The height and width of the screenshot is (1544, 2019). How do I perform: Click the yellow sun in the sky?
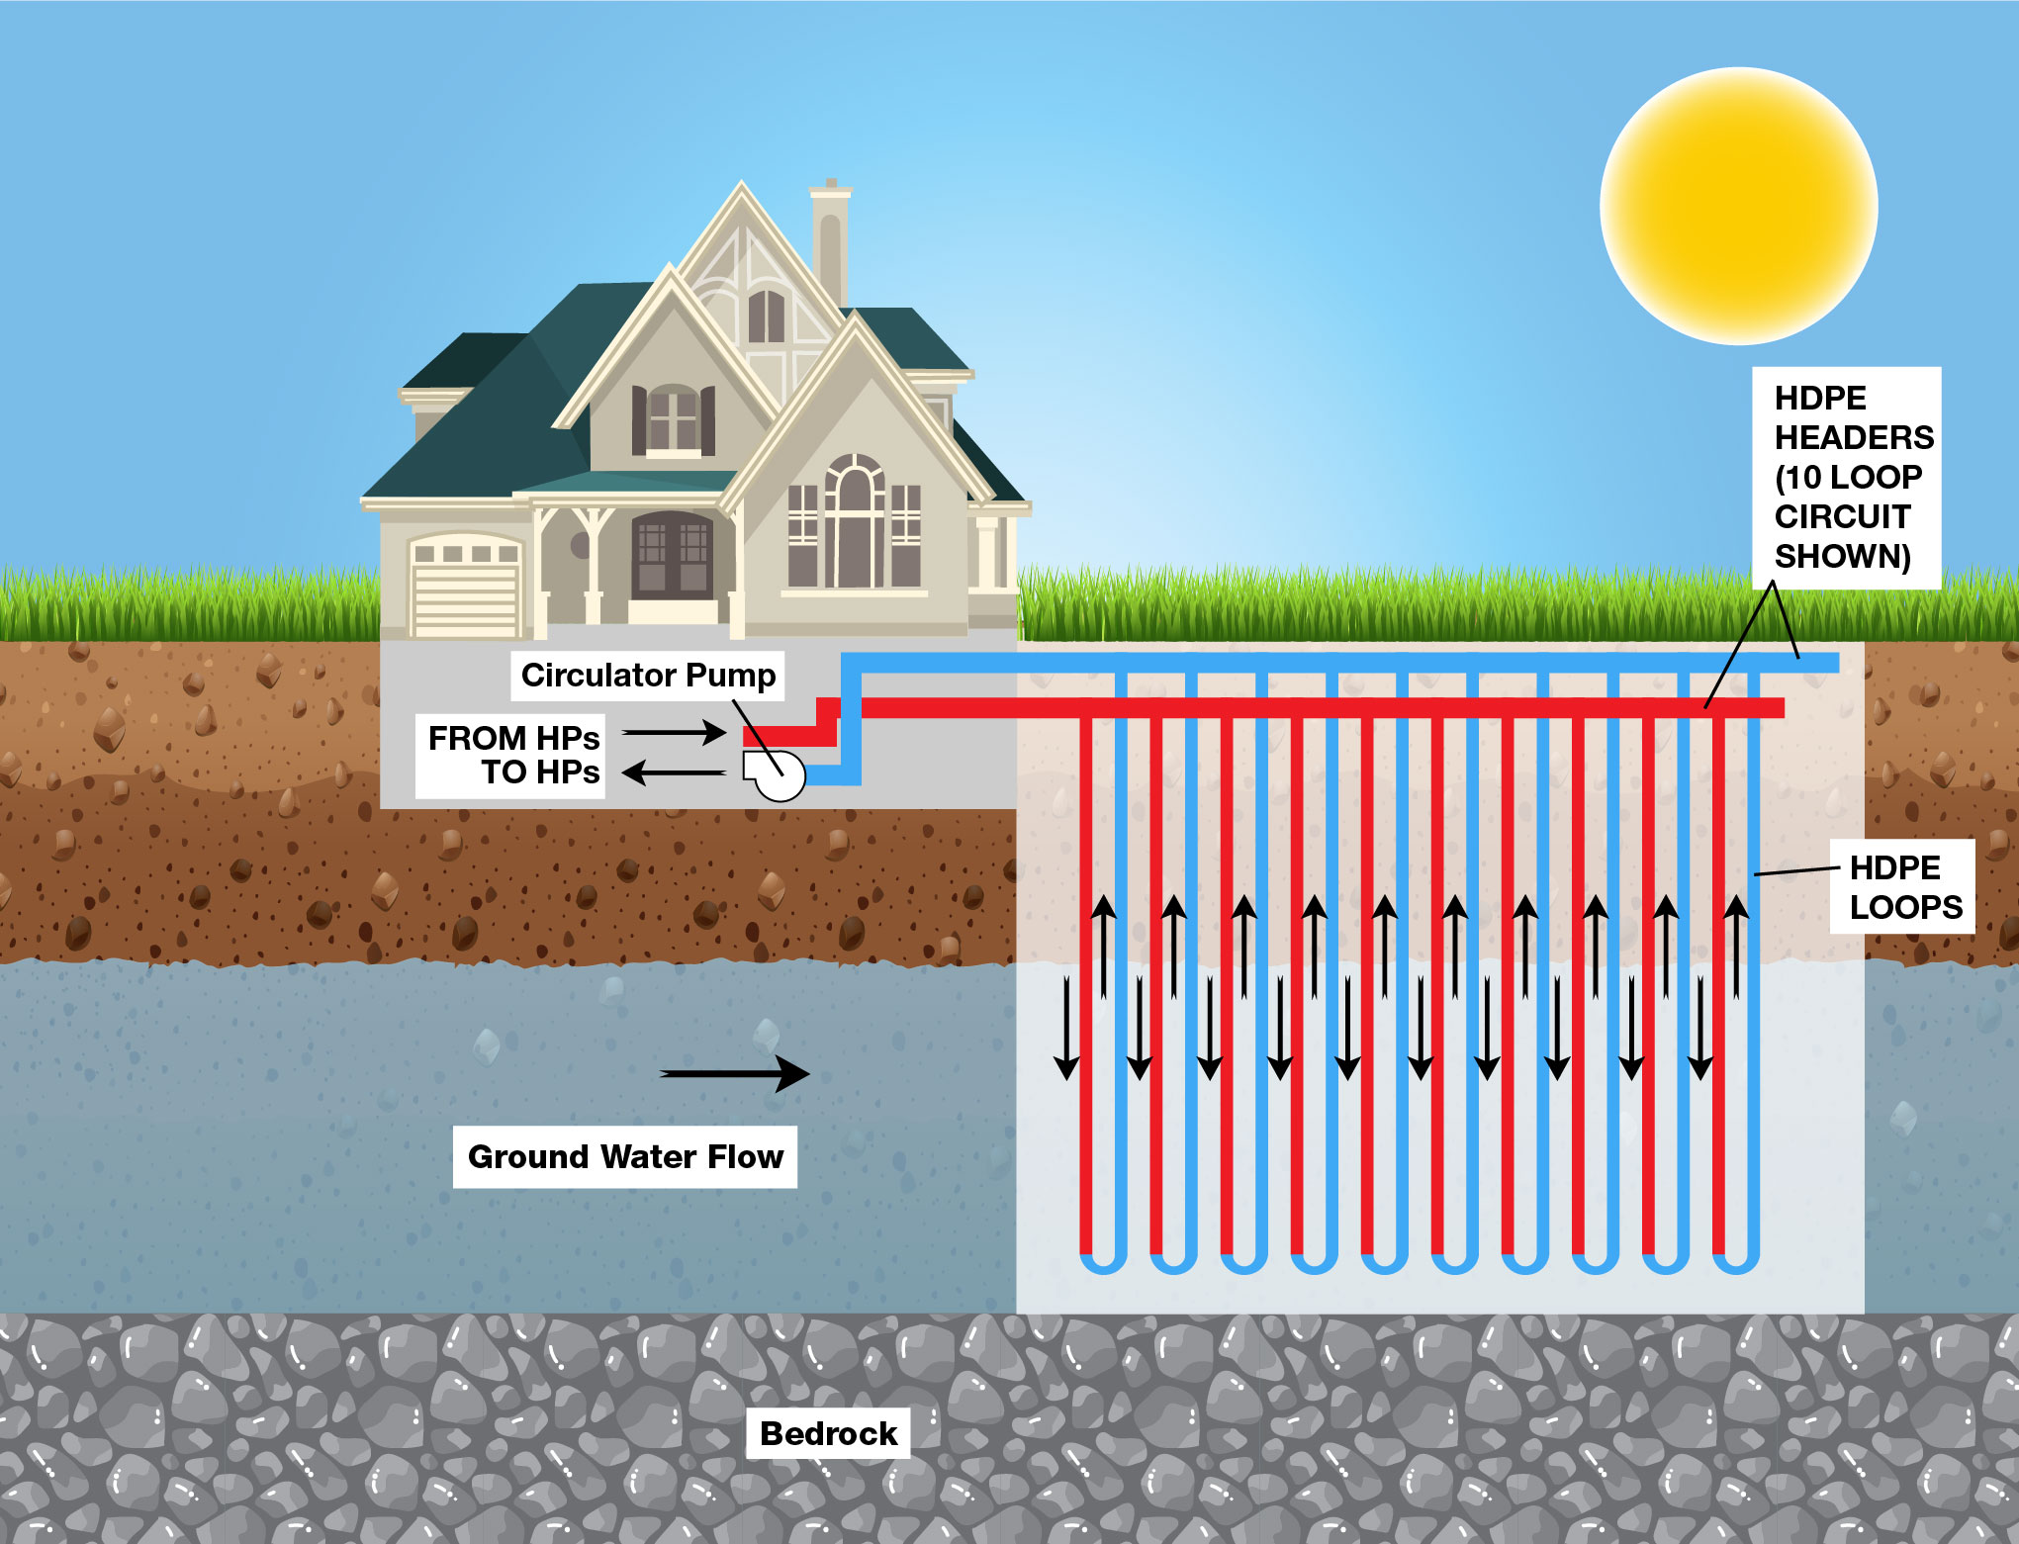1738,206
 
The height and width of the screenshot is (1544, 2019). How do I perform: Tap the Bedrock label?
828,1433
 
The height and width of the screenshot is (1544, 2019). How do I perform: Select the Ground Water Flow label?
625,1156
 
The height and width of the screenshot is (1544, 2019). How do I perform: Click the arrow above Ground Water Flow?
735,1073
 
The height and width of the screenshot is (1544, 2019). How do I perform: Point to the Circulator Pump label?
648,676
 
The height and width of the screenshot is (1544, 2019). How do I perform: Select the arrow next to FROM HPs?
674,733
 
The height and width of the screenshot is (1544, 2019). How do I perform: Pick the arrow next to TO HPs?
674,772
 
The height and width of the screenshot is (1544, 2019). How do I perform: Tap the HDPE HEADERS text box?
1846,477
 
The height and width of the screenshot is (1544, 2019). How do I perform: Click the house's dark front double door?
672,557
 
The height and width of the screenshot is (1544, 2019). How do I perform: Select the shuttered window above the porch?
674,420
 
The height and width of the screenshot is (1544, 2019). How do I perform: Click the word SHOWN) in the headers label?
1842,556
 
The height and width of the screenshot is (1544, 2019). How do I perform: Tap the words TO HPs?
540,772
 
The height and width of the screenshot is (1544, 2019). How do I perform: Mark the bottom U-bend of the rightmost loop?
1735,1264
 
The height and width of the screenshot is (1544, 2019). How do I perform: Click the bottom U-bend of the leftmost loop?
1103,1264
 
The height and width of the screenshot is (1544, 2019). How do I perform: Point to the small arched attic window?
766,316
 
